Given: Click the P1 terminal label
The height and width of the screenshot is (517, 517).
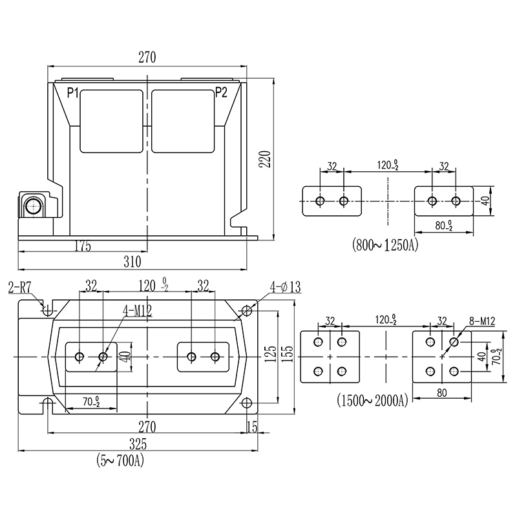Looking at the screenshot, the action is click(72, 92).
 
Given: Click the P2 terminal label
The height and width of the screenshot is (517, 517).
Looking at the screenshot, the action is click(221, 92).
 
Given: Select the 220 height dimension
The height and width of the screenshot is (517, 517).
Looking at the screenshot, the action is click(265, 159).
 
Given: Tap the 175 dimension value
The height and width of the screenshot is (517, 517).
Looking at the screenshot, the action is click(83, 246).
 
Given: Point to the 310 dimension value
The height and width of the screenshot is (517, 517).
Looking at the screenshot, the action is click(132, 262).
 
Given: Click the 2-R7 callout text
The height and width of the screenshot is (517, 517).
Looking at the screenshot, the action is click(19, 287).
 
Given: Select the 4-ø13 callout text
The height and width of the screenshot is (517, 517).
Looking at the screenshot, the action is click(286, 287).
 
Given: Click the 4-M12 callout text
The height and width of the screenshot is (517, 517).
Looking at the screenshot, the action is click(137, 310).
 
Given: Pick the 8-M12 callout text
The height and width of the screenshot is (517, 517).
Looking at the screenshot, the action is click(482, 321).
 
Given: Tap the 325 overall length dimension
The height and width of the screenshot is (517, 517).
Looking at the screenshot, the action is click(138, 444).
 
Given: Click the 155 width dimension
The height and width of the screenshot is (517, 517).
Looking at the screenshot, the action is click(288, 353).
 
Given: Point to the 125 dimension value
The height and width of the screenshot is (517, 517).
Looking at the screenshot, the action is click(271, 353).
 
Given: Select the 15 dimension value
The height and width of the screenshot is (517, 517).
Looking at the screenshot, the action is click(252, 427).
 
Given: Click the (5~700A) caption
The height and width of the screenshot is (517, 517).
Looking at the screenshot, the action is click(120, 460).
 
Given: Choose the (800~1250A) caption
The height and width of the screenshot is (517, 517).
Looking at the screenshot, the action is click(385, 245).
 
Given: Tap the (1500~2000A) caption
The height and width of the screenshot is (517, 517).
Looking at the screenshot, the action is click(373, 400).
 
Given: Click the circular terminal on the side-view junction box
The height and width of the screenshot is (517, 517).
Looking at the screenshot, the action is click(34, 206).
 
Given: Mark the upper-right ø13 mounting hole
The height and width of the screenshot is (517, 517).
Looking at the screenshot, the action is click(247, 310).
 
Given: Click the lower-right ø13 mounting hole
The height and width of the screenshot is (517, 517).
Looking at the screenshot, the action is click(247, 403).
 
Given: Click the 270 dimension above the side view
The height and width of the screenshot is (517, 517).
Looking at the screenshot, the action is click(147, 58).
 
